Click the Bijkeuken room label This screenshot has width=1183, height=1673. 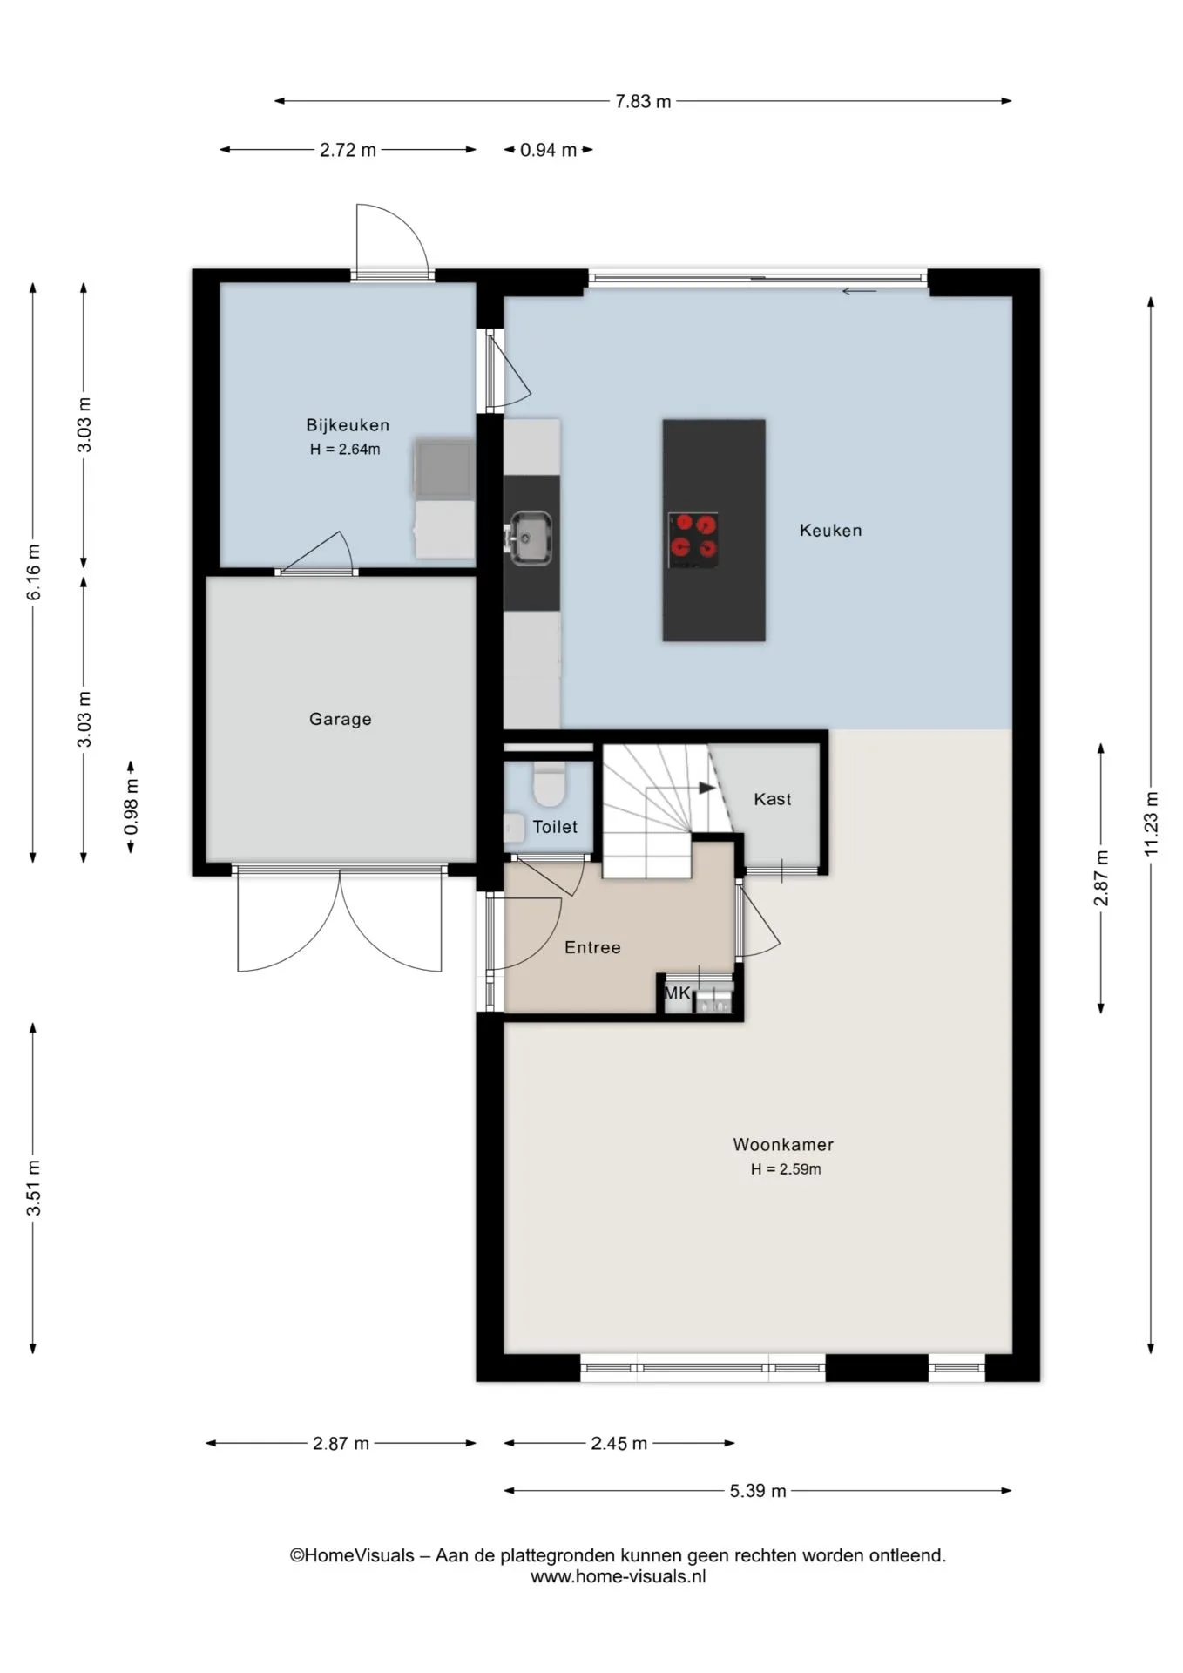tap(348, 425)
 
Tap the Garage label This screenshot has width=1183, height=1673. tap(341, 719)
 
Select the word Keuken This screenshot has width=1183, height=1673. tap(831, 530)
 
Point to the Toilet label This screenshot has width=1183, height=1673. tap(555, 827)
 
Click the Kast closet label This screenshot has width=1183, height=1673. tap(773, 799)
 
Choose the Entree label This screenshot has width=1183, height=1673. tap(592, 947)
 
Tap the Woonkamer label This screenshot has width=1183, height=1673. tap(783, 1145)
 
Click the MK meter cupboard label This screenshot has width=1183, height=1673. tap(677, 992)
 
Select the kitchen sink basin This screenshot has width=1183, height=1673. tap(531, 536)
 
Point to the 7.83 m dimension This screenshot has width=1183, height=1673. tap(643, 101)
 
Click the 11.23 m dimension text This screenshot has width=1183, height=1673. tap(1151, 823)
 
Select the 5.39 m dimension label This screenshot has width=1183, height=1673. tap(758, 1491)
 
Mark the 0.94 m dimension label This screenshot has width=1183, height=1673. tap(548, 150)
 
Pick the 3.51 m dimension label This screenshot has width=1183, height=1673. tap(33, 1189)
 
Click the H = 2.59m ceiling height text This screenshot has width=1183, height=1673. tap(786, 1169)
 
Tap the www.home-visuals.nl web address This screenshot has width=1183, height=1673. tap(618, 1575)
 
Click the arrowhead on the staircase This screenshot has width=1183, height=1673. tap(706, 788)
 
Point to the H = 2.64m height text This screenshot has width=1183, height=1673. tap(345, 450)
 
